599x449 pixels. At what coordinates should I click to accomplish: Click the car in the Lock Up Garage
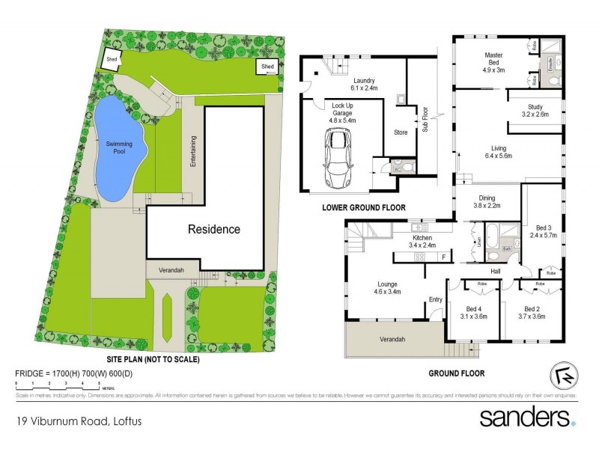point(338,158)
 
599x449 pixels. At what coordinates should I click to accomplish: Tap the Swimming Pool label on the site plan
point(118,147)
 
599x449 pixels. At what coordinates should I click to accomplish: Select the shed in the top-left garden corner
point(112,60)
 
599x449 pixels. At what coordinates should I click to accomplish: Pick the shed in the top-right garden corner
point(267,67)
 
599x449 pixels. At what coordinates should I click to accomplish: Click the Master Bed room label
point(493,59)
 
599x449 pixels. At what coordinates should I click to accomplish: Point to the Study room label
point(535,111)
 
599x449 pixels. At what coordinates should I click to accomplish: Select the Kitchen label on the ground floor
point(422,240)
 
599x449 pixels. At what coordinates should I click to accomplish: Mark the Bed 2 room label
point(532,312)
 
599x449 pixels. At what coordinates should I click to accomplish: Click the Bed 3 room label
point(545,231)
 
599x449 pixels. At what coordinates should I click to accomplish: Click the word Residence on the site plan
point(213,229)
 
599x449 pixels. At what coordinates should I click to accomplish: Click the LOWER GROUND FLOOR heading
point(365,207)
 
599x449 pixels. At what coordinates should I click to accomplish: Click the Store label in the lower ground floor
point(401,135)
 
